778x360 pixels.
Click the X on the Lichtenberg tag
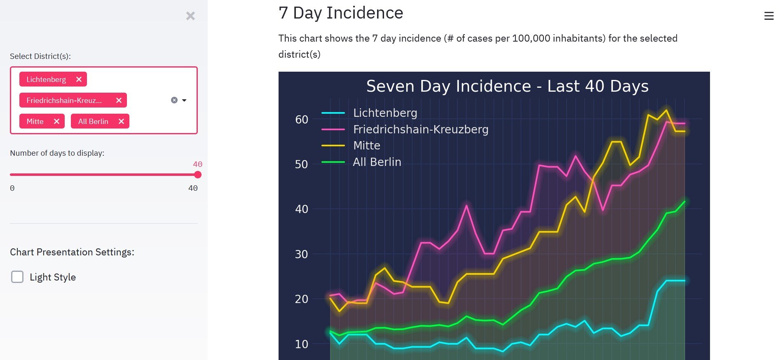[x=79, y=79]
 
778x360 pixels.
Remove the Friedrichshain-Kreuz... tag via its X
[x=119, y=101]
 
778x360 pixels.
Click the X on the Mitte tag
[x=56, y=122]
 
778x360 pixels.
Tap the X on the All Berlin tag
[x=121, y=122]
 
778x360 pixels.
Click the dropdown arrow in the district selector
[x=184, y=101]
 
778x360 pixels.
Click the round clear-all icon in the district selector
[x=174, y=101]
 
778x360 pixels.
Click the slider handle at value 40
[x=198, y=175]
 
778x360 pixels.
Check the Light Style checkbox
[x=17, y=277]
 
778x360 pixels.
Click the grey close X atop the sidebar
[x=190, y=16]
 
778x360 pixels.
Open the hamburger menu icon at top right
[x=769, y=16]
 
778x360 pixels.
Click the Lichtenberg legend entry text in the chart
[x=385, y=113]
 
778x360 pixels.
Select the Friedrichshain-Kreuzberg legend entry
[x=420, y=129]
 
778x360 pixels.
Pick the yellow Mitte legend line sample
[x=333, y=145]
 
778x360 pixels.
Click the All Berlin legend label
[x=377, y=162]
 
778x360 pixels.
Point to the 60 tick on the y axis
[x=302, y=119]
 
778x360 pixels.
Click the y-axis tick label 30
[x=302, y=254]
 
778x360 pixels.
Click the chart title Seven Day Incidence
[x=507, y=86]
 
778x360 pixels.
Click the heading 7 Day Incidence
[x=341, y=13]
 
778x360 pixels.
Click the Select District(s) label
[x=40, y=56]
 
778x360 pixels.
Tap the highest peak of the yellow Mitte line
[x=666, y=110]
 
